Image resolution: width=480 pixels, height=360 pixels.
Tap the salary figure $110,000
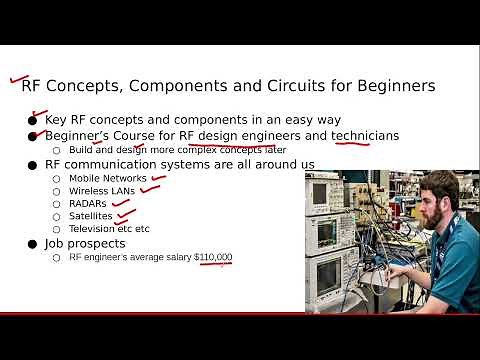pyautogui.click(x=213, y=257)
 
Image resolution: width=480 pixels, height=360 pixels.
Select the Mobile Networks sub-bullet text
pyautogui.click(x=108, y=178)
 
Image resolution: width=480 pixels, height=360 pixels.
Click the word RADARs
pyautogui.click(x=87, y=203)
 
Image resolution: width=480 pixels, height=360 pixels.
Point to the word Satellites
pyautogui.click(x=91, y=215)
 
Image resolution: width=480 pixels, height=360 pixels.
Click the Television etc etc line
pyautogui.click(x=109, y=228)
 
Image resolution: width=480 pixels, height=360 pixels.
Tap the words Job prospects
pyautogui.click(x=85, y=243)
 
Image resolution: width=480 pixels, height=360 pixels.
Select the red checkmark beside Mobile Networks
pyautogui.click(x=158, y=177)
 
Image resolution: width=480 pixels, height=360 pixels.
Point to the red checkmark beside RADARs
pyautogui.click(x=119, y=201)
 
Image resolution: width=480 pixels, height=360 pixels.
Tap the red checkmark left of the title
pyautogui.click(x=15, y=80)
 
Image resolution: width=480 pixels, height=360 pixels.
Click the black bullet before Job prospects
pyautogui.click(x=33, y=243)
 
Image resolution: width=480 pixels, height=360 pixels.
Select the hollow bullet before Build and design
pyautogui.click(x=57, y=150)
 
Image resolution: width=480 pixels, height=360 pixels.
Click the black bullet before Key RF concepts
pyautogui.click(x=33, y=119)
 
